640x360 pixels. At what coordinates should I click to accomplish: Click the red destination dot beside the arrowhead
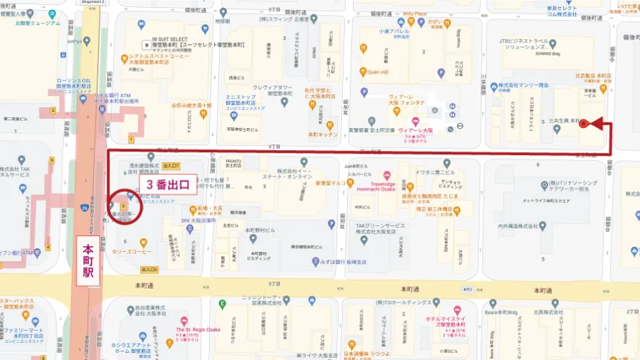[584, 124]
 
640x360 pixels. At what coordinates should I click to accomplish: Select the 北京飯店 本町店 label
[594, 75]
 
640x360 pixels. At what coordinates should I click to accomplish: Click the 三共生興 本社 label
[559, 122]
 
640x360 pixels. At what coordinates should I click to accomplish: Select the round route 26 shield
[84, 208]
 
